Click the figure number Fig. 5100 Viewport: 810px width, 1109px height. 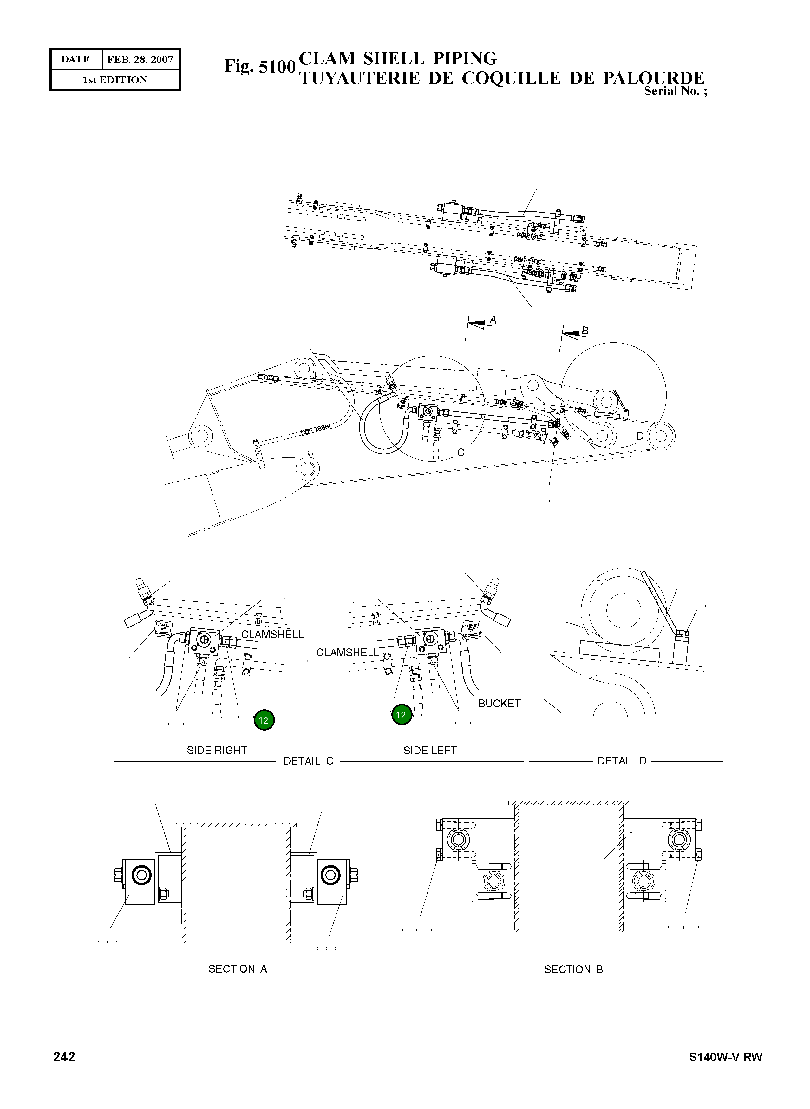(259, 66)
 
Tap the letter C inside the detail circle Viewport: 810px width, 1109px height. (461, 452)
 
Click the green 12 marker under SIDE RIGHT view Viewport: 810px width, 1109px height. (264, 720)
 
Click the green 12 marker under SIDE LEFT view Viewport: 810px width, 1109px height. (401, 715)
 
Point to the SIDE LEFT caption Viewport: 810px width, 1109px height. (429, 751)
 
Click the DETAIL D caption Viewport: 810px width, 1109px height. (621, 761)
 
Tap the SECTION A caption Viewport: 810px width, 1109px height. (237, 969)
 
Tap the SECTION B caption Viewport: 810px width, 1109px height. (573, 969)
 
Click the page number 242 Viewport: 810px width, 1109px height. (64, 1057)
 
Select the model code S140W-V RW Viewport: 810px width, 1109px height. (725, 1057)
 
